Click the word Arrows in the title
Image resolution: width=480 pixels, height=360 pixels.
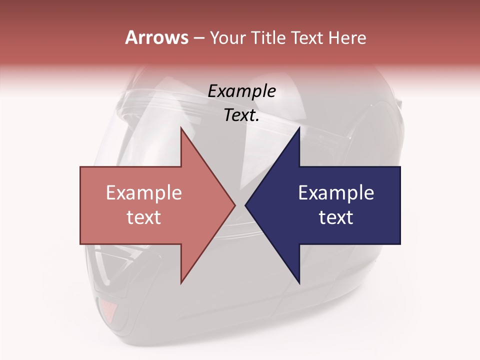point(156,37)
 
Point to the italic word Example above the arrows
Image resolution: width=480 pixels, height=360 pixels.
point(242,91)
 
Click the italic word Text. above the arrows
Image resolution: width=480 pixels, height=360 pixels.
point(242,115)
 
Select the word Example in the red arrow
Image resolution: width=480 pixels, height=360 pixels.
point(144,192)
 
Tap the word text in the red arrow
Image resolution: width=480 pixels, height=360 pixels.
point(144,217)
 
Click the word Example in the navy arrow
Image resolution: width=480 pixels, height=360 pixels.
point(336,192)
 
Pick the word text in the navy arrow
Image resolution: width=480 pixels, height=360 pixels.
point(336,217)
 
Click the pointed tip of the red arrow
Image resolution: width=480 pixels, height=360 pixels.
point(234,205)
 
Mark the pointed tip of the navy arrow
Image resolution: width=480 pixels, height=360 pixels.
point(246,205)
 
